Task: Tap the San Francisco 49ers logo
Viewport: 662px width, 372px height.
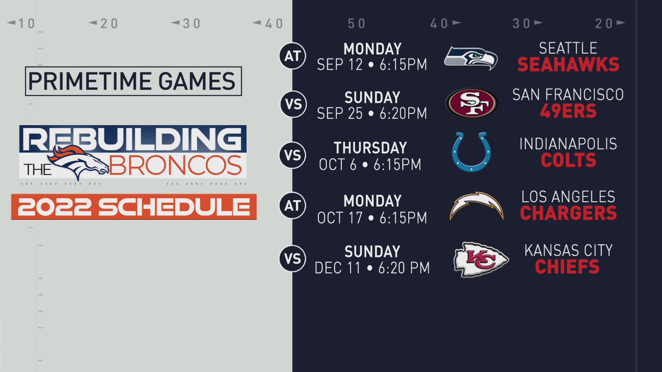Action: click(x=472, y=103)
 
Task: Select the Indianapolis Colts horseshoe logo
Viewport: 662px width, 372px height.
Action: click(x=471, y=152)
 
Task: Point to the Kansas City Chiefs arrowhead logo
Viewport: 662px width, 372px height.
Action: click(x=481, y=259)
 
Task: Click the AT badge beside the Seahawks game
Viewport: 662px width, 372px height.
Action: click(x=292, y=56)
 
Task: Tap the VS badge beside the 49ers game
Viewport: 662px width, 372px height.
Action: click(x=293, y=104)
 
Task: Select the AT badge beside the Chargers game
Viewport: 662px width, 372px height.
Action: click(x=292, y=206)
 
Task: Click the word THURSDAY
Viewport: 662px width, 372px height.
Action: click(x=370, y=148)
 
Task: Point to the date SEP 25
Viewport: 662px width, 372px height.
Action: click(x=340, y=113)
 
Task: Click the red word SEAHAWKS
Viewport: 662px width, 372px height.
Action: click(x=568, y=65)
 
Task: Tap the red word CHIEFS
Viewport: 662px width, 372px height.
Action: click(x=567, y=267)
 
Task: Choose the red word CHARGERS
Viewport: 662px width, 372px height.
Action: click(x=568, y=213)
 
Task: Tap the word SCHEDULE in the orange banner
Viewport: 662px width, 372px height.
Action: click(x=174, y=207)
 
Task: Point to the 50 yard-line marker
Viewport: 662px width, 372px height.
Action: click(x=357, y=23)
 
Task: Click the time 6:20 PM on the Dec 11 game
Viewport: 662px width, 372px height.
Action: click(x=404, y=268)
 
